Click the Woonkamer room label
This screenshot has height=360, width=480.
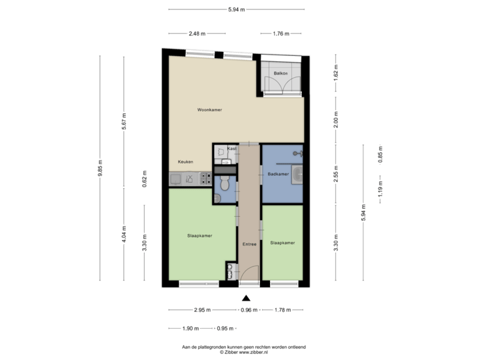pyautogui.click(x=209, y=109)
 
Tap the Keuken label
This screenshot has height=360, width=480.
pyautogui.click(x=185, y=162)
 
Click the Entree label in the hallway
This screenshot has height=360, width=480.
pyautogui.click(x=249, y=245)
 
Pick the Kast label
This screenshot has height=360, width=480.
pyautogui.click(x=231, y=148)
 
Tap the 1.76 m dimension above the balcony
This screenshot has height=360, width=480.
pyautogui.click(x=281, y=33)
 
